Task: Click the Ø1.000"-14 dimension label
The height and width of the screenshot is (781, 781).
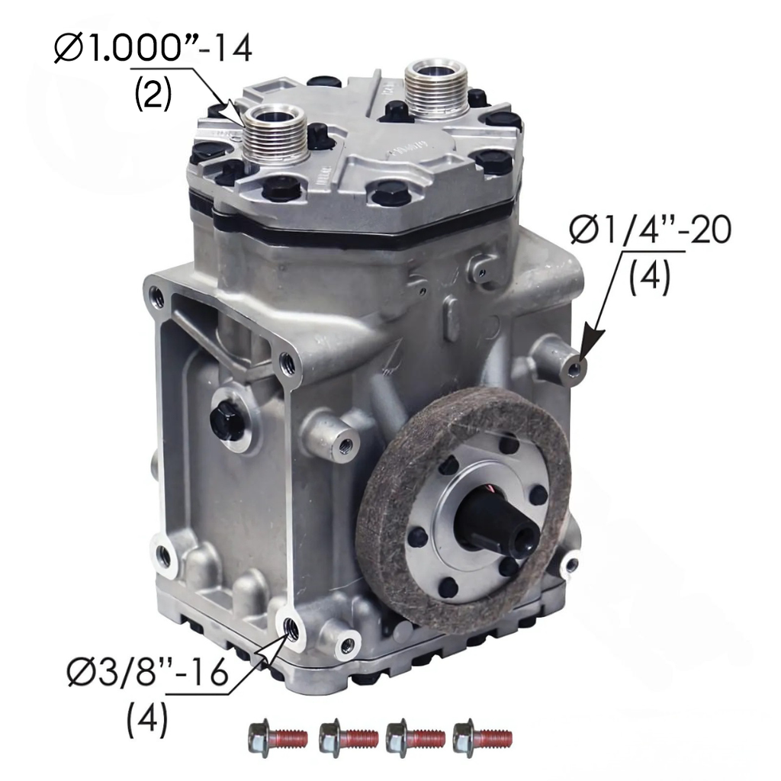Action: coord(153,49)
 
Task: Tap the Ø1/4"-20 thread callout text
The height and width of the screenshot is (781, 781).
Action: coord(651,230)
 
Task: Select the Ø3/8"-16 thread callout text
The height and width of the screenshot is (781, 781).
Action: coord(147,673)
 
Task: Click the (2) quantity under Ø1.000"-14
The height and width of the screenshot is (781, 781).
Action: coord(153,94)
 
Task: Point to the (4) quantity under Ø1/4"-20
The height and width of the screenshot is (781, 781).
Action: coord(649,276)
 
